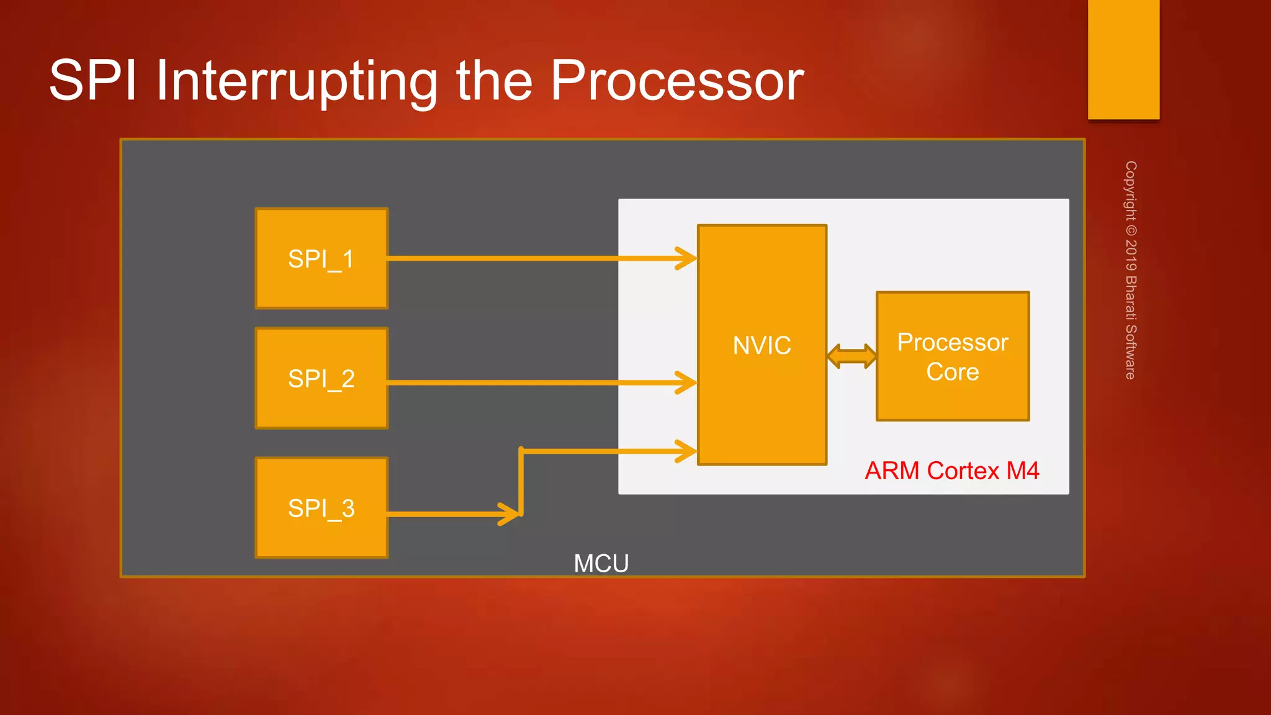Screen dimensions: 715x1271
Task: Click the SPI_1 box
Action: (321, 258)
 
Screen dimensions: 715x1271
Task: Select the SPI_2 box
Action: (321, 378)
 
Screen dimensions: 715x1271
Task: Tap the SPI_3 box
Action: (321, 508)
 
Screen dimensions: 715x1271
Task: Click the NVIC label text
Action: (761, 345)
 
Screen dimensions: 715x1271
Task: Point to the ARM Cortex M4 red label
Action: (951, 470)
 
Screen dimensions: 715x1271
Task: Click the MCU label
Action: (601, 564)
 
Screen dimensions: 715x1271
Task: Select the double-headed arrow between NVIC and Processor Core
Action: (851, 356)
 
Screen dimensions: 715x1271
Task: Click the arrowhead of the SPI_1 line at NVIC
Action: (688, 258)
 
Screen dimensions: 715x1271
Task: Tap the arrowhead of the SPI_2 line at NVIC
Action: (688, 383)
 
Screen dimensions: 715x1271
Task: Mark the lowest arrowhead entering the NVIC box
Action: (688, 451)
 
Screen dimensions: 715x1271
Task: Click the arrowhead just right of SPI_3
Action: (510, 514)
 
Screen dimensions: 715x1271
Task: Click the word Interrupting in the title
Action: (297, 81)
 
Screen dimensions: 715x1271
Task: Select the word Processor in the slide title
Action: (676, 81)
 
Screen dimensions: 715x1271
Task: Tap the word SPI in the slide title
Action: (92, 81)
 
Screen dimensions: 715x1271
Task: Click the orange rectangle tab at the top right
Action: (1123, 59)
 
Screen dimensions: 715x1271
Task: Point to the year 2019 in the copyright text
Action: (1131, 254)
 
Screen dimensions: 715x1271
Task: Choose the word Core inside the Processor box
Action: (953, 372)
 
